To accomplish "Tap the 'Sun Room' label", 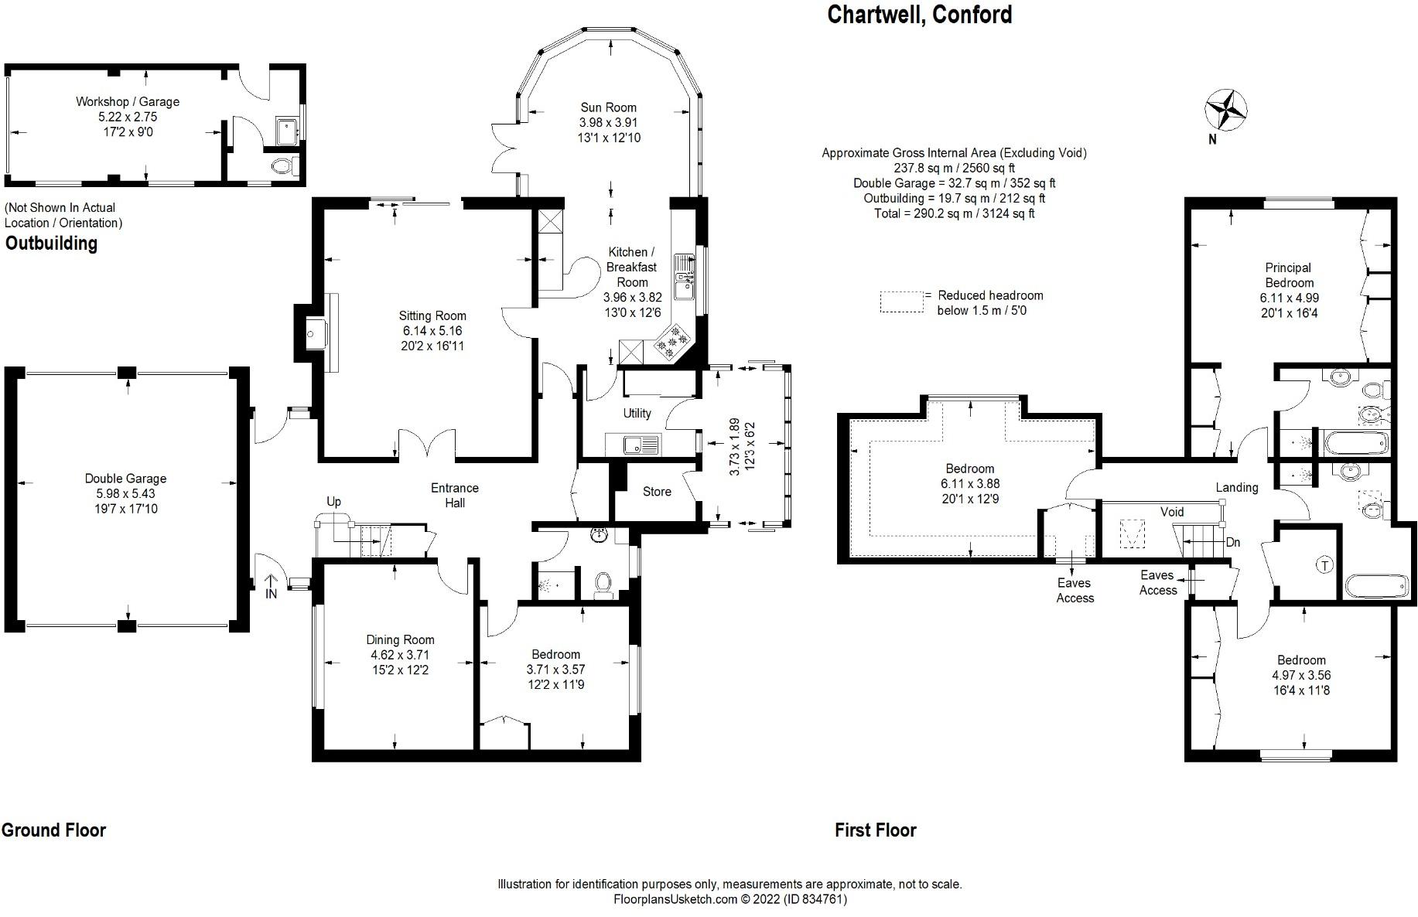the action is pos(609,107).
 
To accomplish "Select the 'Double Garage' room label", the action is pos(126,479).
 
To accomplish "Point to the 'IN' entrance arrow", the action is pos(271,586).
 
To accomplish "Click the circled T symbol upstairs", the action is pos(1325,565).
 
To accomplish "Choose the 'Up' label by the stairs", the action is pos(333,501).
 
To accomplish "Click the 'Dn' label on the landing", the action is pos(1233,542).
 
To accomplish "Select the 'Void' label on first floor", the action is pos(1172,512).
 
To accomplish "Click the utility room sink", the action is pos(633,445).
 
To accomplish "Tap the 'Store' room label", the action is pos(657,492).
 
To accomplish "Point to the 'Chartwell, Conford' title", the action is pos(920,15).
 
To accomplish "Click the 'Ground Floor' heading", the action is pos(53,830).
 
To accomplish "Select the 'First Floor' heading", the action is pos(876,830).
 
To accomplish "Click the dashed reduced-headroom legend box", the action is pos(902,302).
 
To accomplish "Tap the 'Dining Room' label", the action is pos(400,639).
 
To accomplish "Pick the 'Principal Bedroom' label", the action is pos(1289,275).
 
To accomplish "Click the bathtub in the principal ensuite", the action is pos(1356,444).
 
